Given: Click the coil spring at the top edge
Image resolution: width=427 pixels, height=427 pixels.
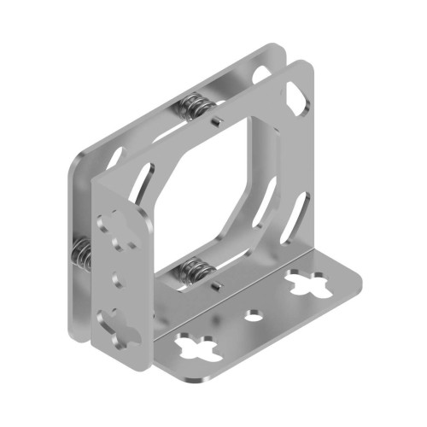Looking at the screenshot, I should click(196, 108).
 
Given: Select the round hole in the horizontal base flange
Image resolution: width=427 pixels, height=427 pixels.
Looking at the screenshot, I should click(254, 314).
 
